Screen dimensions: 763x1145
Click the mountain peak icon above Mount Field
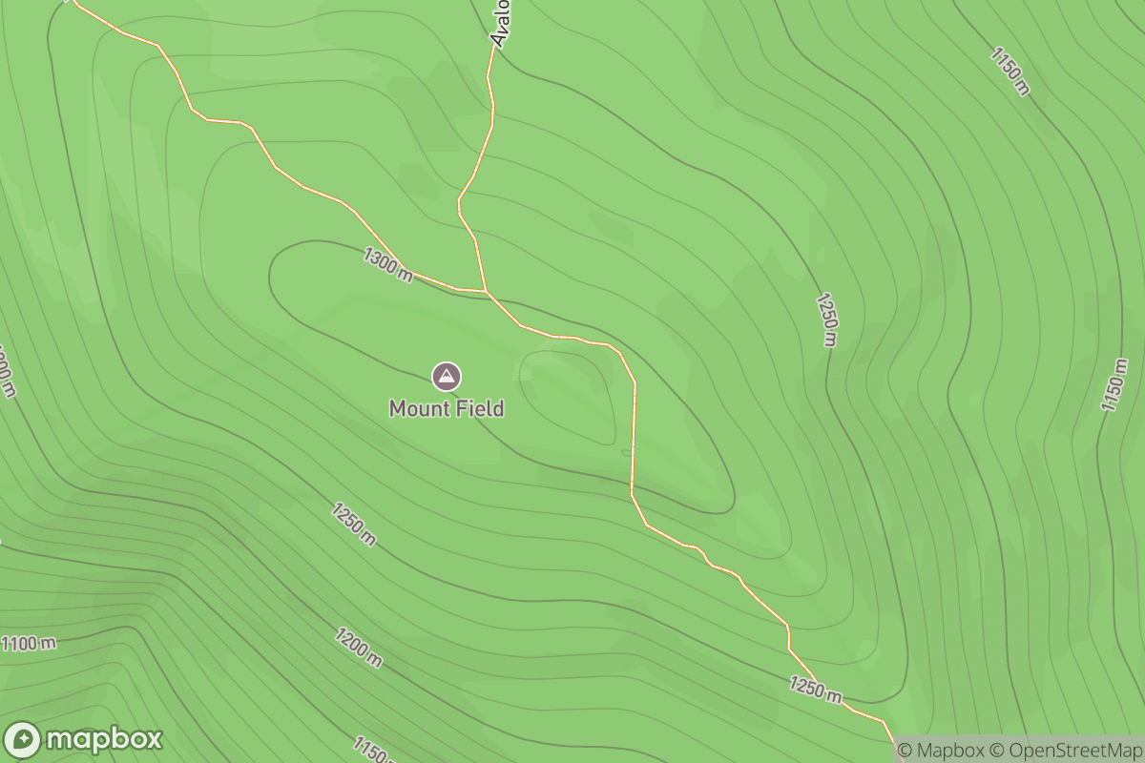446,377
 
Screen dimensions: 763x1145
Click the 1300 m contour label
387,264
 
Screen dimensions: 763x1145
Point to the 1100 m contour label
28,643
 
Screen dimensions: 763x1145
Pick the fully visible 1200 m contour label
359,648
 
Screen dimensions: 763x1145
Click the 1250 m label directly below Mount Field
354,524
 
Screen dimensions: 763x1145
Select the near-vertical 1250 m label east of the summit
827,320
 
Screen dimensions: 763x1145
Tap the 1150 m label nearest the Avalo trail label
1010,71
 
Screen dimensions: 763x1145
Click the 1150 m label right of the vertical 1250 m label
1114,385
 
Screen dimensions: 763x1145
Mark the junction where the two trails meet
486,290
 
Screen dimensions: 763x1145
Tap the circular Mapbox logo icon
22,740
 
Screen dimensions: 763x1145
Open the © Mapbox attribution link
942,751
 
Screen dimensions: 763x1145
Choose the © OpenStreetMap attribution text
1065,751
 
